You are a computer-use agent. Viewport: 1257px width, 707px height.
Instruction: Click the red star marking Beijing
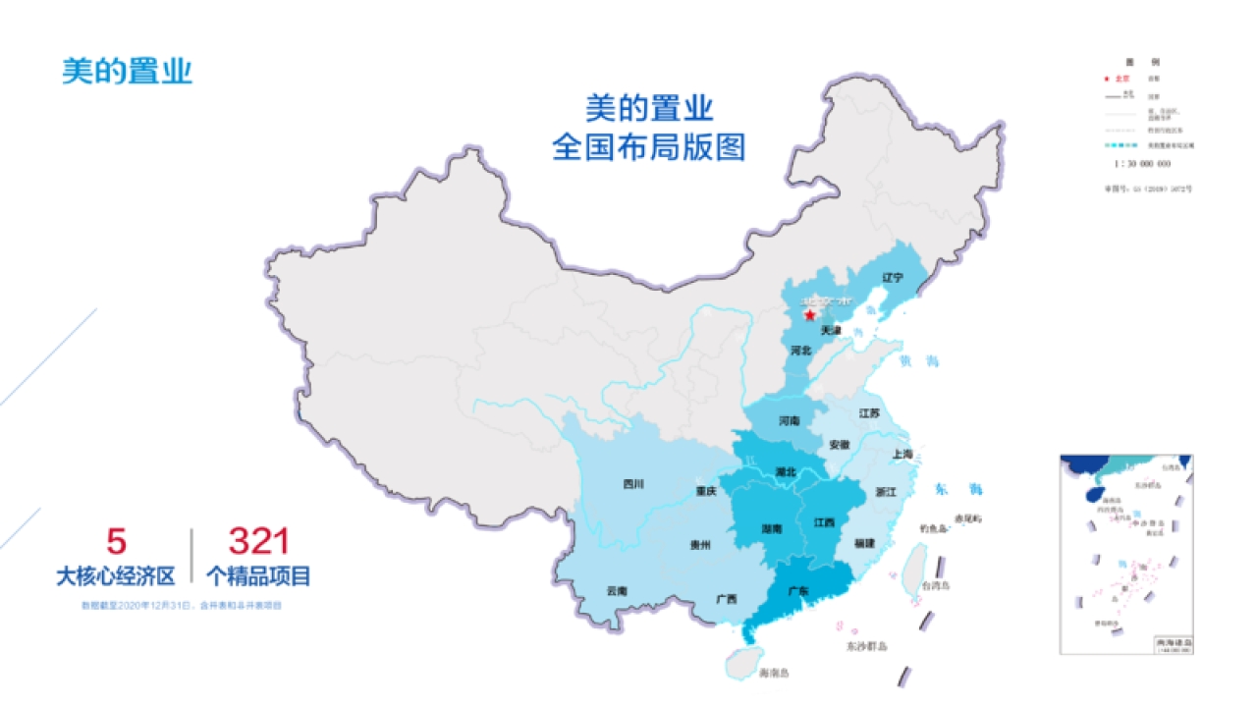click(809, 315)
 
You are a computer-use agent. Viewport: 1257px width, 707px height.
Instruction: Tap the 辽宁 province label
click(892, 278)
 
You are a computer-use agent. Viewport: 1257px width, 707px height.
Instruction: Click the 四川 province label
click(633, 483)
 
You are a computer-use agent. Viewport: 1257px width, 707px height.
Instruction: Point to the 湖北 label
click(785, 471)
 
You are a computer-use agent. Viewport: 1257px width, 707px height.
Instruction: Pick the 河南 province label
click(790, 421)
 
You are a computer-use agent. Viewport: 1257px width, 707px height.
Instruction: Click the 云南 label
click(617, 591)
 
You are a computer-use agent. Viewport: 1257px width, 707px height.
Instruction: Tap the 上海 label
click(902, 454)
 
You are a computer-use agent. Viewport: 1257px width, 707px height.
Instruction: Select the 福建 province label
click(864, 542)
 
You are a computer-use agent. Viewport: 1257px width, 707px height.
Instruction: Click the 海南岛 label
click(775, 673)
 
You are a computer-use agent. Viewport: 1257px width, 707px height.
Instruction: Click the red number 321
click(258, 541)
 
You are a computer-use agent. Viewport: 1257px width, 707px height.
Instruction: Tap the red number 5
click(116, 541)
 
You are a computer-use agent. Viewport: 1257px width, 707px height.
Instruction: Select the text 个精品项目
click(258, 576)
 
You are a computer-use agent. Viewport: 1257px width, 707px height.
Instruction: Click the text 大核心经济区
click(115, 576)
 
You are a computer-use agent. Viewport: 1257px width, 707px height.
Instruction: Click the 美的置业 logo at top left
click(127, 71)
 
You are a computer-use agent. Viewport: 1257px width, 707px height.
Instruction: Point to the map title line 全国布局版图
click(649, 147)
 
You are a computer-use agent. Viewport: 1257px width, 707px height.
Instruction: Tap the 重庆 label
click(706, 490)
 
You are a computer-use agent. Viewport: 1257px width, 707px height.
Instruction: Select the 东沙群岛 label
click(867, 646)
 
